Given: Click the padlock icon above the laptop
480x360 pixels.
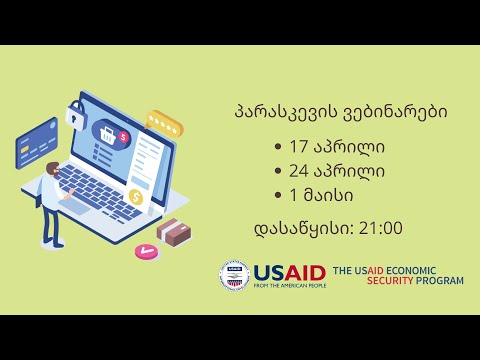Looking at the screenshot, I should coord(75,116).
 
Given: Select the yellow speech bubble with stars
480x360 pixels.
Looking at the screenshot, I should coord(163,125).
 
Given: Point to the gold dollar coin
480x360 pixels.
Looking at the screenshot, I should coord(135,197).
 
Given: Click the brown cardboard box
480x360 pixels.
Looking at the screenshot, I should coord(172,232).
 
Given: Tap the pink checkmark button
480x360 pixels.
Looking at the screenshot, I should coord(145,251).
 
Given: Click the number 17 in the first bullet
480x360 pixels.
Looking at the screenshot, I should coord(299,147).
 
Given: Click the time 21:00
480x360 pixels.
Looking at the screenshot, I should coord(380,228).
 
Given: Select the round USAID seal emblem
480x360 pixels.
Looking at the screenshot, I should coord(233,277).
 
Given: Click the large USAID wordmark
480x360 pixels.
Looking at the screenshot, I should coord(289,272).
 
